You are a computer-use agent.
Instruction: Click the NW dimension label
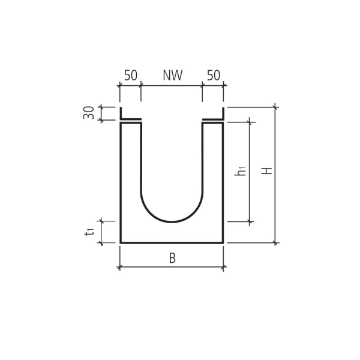point(172,76)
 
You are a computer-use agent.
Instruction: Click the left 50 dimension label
point(131,76)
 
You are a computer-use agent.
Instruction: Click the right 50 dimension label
point(214,76)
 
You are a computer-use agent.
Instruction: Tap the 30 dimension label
point(89,112)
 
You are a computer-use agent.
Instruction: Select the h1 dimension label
point(241,170)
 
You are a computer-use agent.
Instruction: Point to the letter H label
point(268,170)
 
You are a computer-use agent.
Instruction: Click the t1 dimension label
point(89,231)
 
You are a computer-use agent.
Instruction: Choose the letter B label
point(172,259)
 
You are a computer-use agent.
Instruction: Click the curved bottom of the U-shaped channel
point(172,221)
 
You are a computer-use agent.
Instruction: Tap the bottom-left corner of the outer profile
point(121,242)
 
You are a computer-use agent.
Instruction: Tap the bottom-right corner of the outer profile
point(223,242)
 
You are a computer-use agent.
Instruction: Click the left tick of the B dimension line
point(120,267)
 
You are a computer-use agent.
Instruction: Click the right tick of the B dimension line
point(223,267)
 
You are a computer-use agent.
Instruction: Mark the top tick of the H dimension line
point(275,107)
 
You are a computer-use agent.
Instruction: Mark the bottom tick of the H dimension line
point(275,243)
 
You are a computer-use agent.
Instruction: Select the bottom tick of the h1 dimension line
point(250,222)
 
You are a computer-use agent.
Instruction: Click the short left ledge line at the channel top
point(131,119)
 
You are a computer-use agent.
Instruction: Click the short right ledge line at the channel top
point(212,119)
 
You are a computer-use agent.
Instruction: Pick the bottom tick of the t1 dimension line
point(101,243)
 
